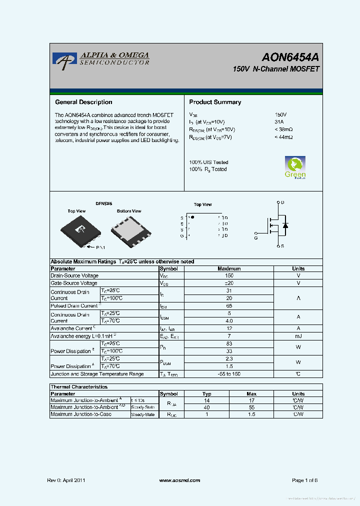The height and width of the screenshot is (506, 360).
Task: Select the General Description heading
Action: click(83, 102)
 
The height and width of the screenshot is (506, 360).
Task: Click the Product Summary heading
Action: click(215, 102)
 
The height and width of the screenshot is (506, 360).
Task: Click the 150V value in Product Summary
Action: click(280, 114)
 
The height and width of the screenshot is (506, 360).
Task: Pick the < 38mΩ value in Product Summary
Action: click(283, 129)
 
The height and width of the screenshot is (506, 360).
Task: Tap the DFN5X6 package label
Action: click(104, 204)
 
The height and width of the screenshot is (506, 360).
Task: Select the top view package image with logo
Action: click(79, 229)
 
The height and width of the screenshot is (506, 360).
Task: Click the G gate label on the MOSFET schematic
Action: click(256, 238)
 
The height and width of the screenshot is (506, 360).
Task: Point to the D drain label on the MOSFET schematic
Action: click(282, 202)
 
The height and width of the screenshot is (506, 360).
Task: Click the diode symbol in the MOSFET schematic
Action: click(285, 225)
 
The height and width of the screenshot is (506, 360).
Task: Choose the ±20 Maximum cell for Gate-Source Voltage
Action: click(229, 283)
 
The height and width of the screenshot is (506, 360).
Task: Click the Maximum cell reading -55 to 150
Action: click(229, 374)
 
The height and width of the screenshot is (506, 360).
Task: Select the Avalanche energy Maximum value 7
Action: click(229, 336)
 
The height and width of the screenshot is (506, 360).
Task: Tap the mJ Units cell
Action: click(298, 336)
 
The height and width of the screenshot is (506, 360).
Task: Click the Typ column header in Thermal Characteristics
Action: click(206, 394)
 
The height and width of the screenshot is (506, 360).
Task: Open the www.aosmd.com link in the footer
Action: click(179, 480)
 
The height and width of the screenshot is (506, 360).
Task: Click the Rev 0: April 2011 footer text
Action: click(66, 480)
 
